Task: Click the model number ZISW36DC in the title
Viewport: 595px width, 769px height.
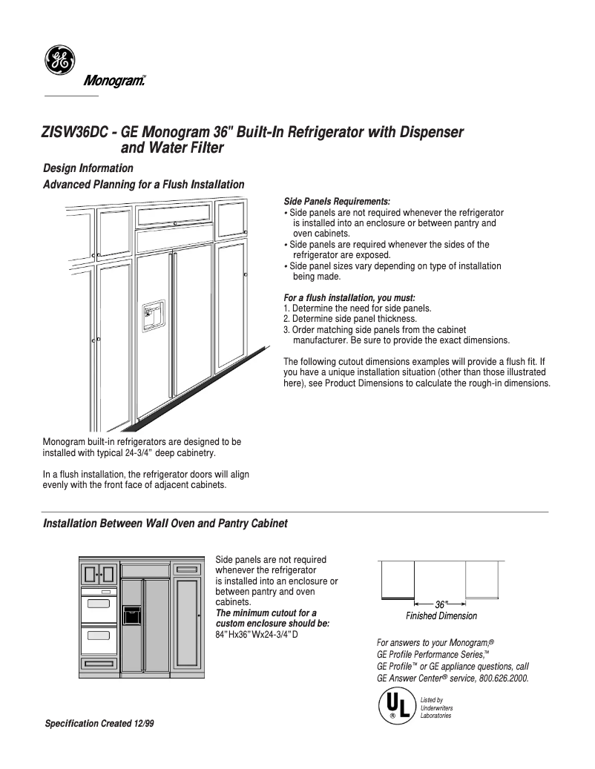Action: coord(73,133)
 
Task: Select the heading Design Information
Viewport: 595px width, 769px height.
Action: coord(88,168)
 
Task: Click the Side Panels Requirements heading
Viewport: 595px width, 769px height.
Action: coord(337,202)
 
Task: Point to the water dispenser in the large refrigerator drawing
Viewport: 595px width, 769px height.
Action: coord(154,314)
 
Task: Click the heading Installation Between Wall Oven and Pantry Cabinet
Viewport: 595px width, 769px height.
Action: coord(165,524)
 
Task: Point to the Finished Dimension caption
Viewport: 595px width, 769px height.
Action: coord(441,616)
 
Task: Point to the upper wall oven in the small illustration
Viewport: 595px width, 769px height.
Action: coord(99,602)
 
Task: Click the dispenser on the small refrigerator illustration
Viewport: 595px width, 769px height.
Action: coord(131,615)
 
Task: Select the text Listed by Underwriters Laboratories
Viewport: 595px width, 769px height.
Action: coord(435,707)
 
